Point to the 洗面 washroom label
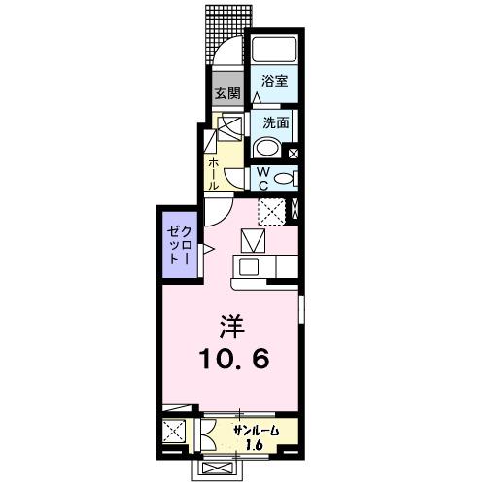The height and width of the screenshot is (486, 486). pyautogui.click(x=274, y=123)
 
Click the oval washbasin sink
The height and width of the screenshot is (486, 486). pyautogui.click(x=266, y=149)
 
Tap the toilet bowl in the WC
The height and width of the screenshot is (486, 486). pyautogui.click(x=282, y=178)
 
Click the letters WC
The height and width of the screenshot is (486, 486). pyautogui.click(x=261, y=179)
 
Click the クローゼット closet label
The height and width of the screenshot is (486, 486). pyautogui.click(x=176, y=244)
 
